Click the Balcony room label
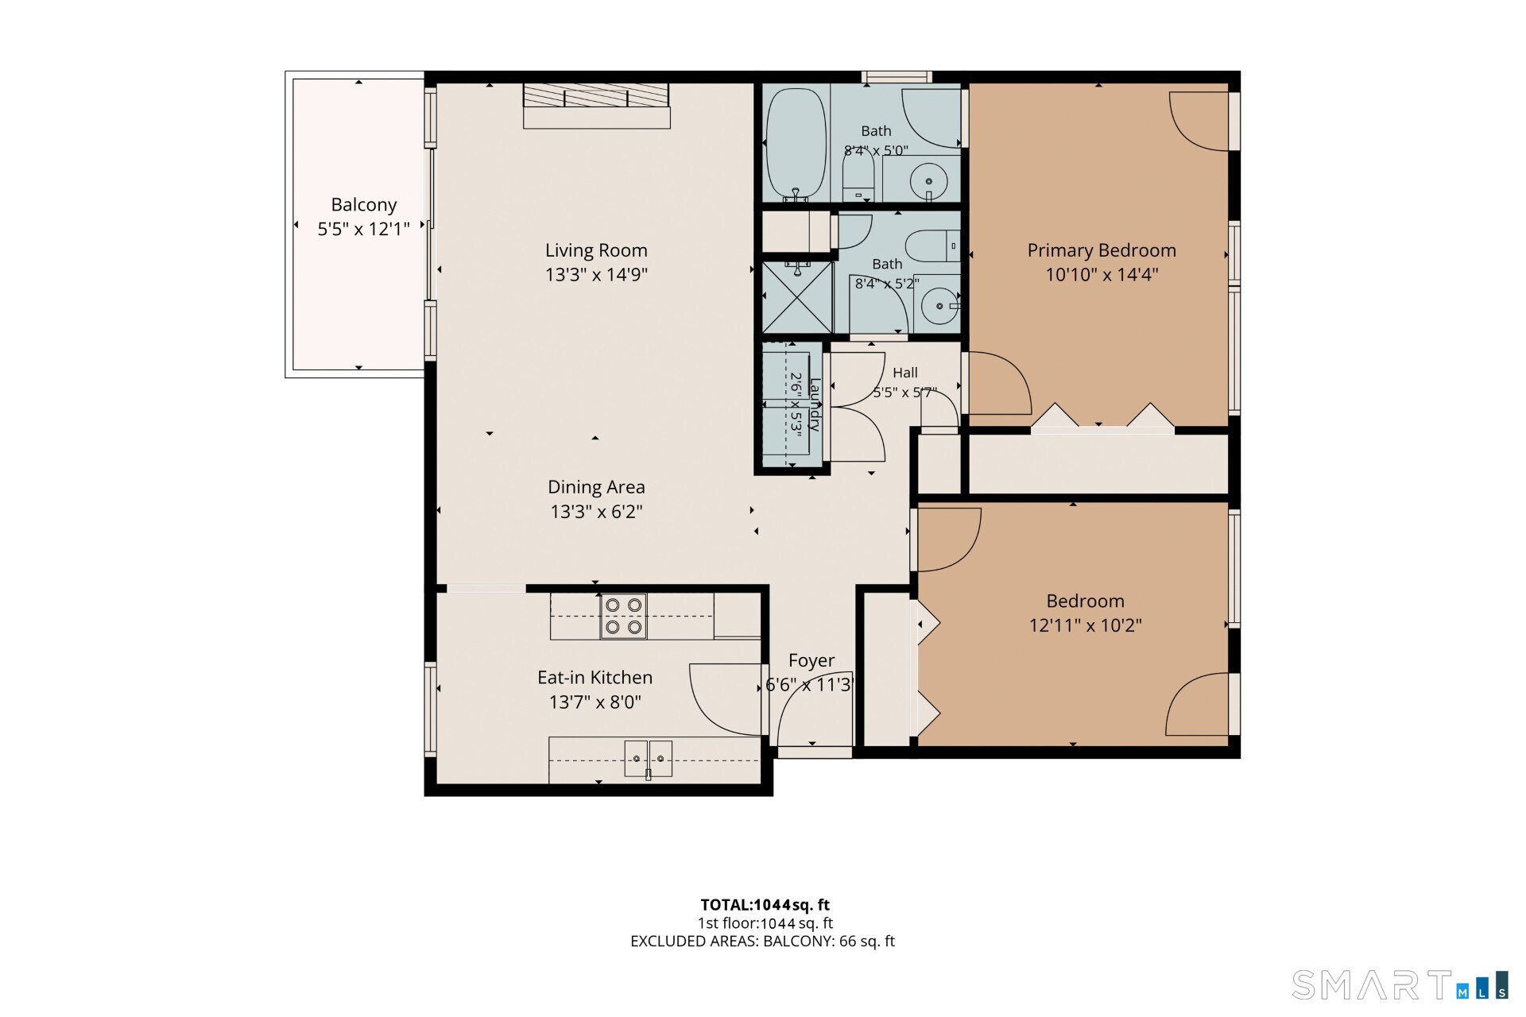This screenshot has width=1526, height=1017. click(364, 205)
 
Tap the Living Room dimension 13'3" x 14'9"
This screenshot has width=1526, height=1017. click(596, 275)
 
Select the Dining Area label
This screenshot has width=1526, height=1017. click(596, 487)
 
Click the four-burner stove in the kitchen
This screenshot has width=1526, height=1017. click(623, 616)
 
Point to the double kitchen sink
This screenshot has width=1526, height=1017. click(648, 758)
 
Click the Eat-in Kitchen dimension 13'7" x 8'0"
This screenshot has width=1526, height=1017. click(595, 702)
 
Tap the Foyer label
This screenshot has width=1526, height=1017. click(811, 661)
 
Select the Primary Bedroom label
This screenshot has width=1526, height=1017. click(1102, 250)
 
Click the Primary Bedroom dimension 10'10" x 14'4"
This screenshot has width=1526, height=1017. click(1102, 275)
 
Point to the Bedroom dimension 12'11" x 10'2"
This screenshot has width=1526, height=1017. click(1086, 625)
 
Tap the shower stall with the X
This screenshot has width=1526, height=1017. click(797, 297)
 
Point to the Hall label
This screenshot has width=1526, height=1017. click(905, 373)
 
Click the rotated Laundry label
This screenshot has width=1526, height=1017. click(814, 404)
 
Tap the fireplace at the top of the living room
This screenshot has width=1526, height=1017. click(596, 106)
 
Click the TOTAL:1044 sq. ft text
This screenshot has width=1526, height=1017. click(765, 905)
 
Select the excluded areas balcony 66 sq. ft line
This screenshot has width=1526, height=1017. click(763, 942)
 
